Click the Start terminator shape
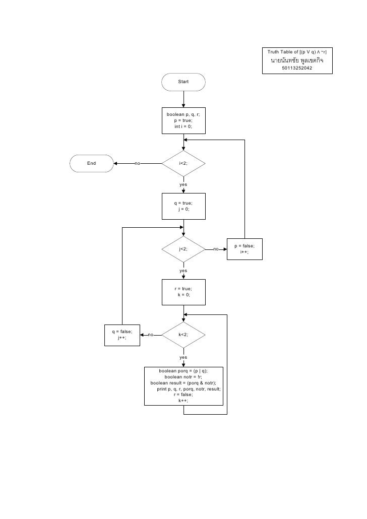tap(183, 82)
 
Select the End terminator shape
tap(91, 163)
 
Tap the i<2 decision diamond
tap(183, 163)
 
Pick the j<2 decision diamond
tap(183, 249)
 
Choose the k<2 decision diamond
tap(183, 335)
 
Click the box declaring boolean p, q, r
tap(183, 121)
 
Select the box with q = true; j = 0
tap(183, 206)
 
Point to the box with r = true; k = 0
tap(183, 292)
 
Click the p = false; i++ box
tap(244, 249)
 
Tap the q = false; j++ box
tap(122, 335)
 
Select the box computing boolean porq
tap(183, 386)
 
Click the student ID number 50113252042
tap(297, 68)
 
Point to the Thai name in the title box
tap(297, 60)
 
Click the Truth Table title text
tap(297, 52)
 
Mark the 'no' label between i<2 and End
tap(137, 163)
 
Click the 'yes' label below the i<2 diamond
tap(183, 185)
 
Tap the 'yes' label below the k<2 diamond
tap(183, 357)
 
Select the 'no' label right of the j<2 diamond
tap(216, 249)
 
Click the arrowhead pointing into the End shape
tap(116, 163)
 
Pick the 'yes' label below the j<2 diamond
tap(183, 271)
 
